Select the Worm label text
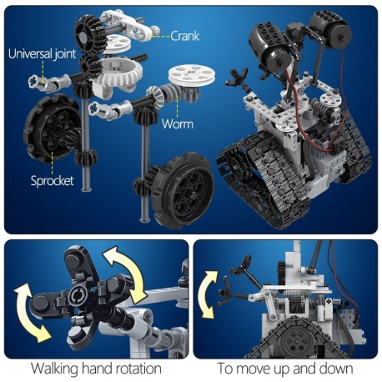click(x=178, y=123)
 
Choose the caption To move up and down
click(x=286, y=368)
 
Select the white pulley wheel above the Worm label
click(x=186, y=82)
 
